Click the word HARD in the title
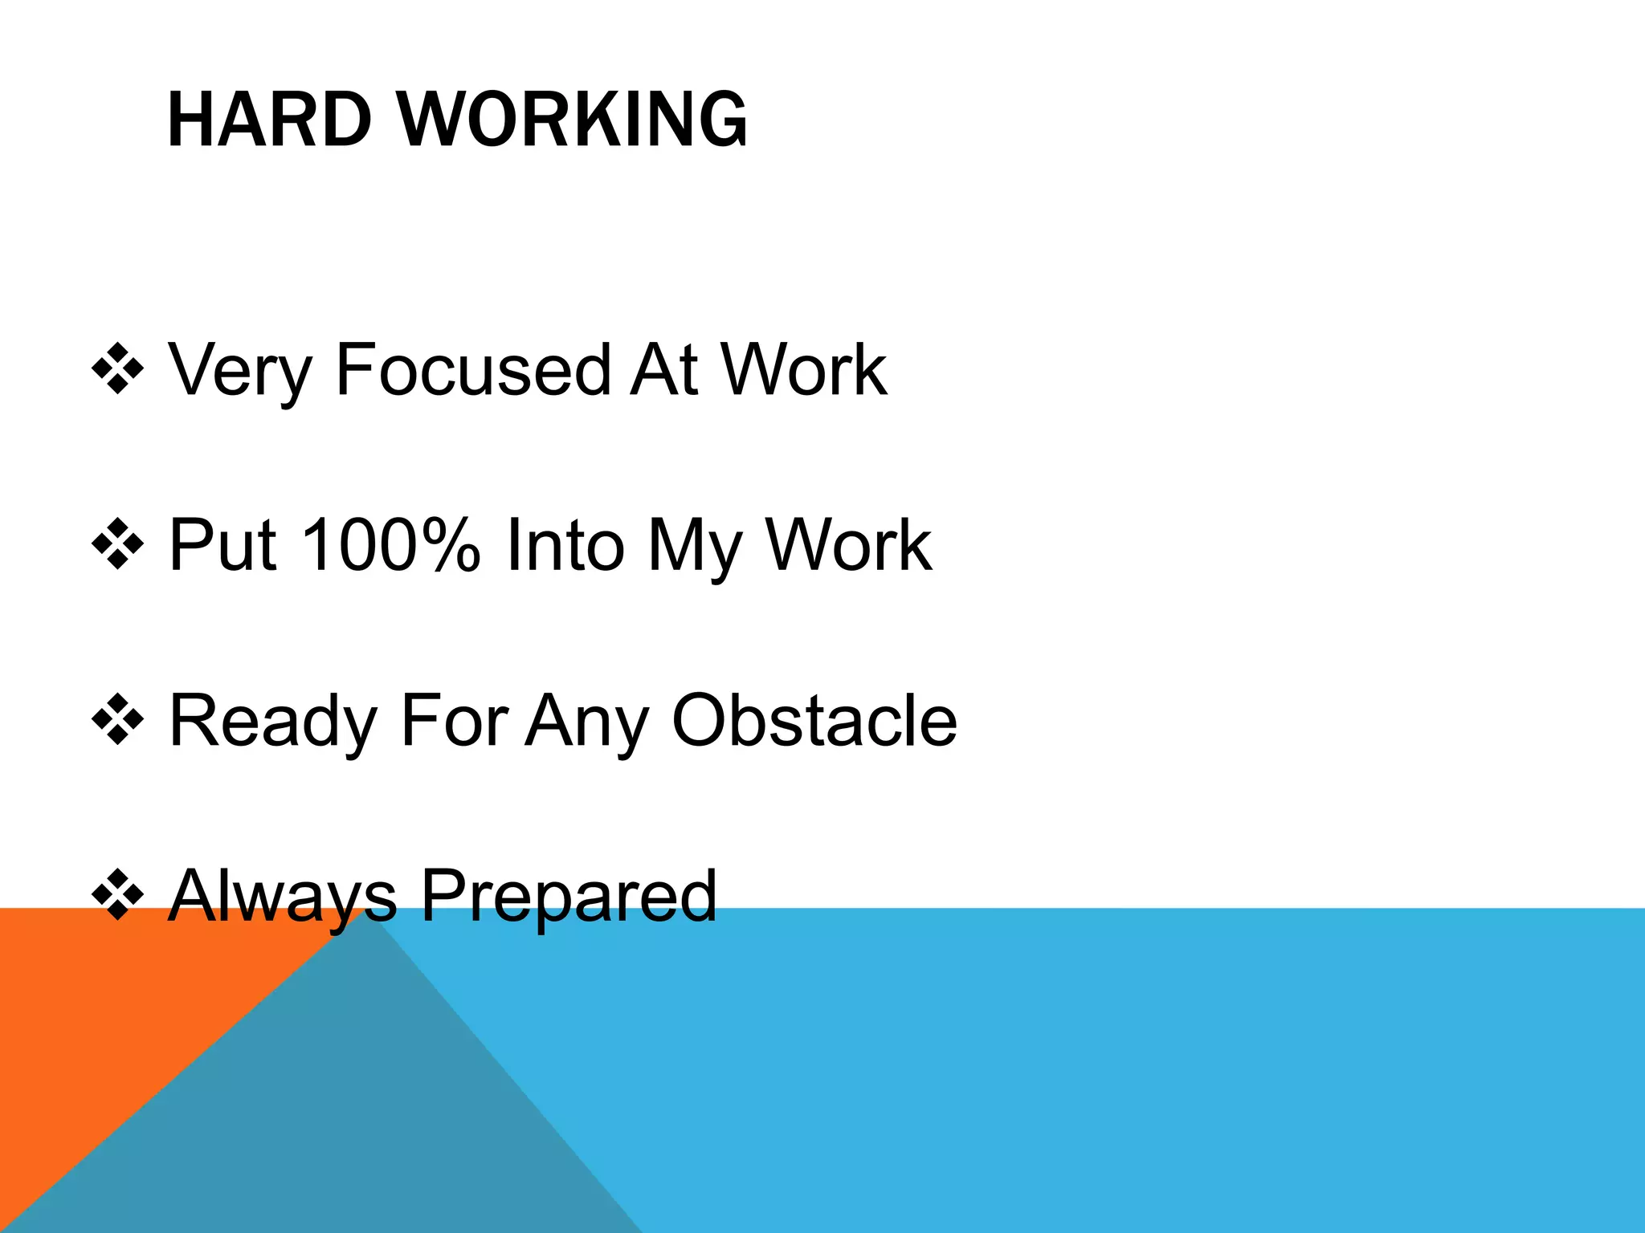(x=269, y=120)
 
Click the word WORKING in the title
(x=572, y=120)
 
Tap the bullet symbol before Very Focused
(x=118, y=369)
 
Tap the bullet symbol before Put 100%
(x=118, y=545)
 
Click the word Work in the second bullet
(x=848, y=545)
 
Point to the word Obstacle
(x=814, y=720)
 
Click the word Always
(x=282, y=897)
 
